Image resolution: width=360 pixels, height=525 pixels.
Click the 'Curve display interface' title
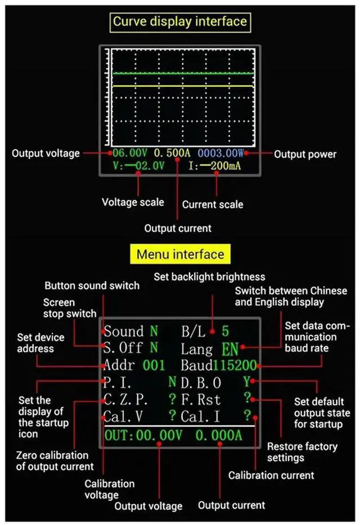coord(180,22)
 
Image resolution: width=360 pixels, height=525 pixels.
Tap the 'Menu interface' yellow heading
coord(180,255)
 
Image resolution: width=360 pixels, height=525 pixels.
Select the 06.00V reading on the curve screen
coord(129,153)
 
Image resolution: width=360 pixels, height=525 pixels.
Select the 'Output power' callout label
coord(305,154)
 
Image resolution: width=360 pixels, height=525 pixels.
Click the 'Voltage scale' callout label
coord(133,202)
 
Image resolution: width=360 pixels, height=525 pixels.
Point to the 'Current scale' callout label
coord(213,205)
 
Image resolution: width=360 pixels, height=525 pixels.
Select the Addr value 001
coord(154,366)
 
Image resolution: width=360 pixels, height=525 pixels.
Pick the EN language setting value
coord(230,349)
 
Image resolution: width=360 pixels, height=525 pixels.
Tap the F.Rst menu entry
coord(201,400)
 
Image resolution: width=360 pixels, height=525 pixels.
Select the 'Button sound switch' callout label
coord(92,286)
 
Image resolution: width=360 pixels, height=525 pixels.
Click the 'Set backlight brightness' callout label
coord(209,277)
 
